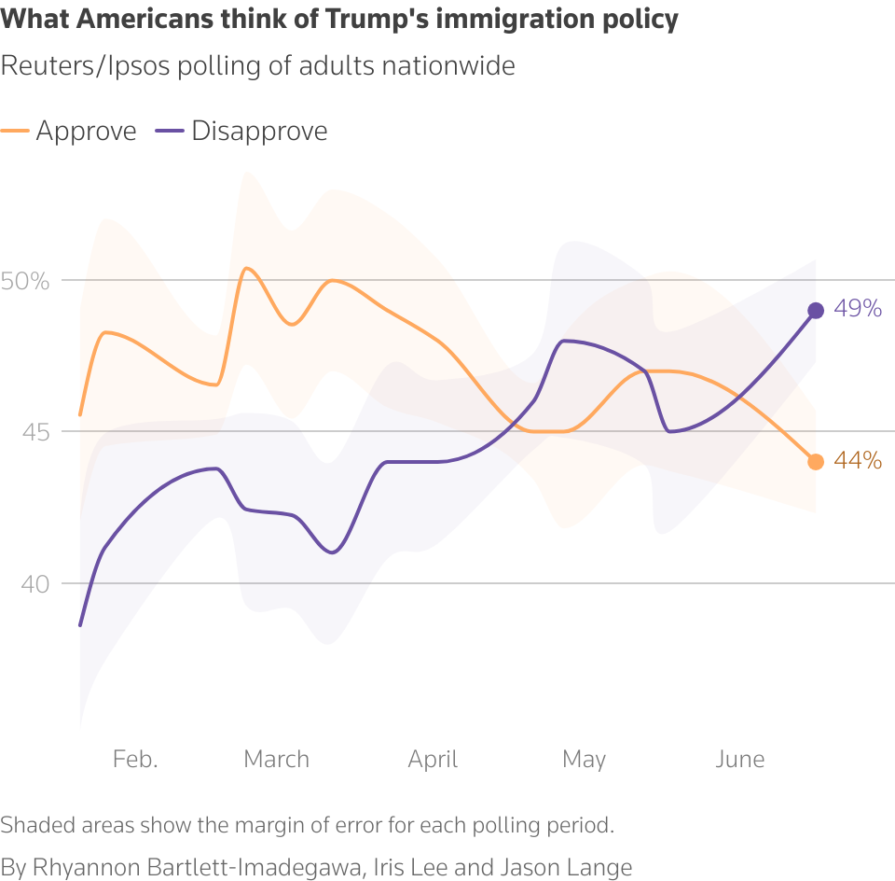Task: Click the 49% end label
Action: (x=858, y=309)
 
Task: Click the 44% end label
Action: (x=858, y=460)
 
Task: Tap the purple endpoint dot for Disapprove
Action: (x=816, y=311)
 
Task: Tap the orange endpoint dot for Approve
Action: (x=816, y=462)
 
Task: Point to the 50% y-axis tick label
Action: (x=24, y=280)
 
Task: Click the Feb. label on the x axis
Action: (x=135, y=759)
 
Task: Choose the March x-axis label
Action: (x=276, y=759)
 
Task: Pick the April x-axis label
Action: (x=433, y=759)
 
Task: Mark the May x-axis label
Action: (x=584, y=759)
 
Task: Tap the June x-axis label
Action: (x=739, y=759)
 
